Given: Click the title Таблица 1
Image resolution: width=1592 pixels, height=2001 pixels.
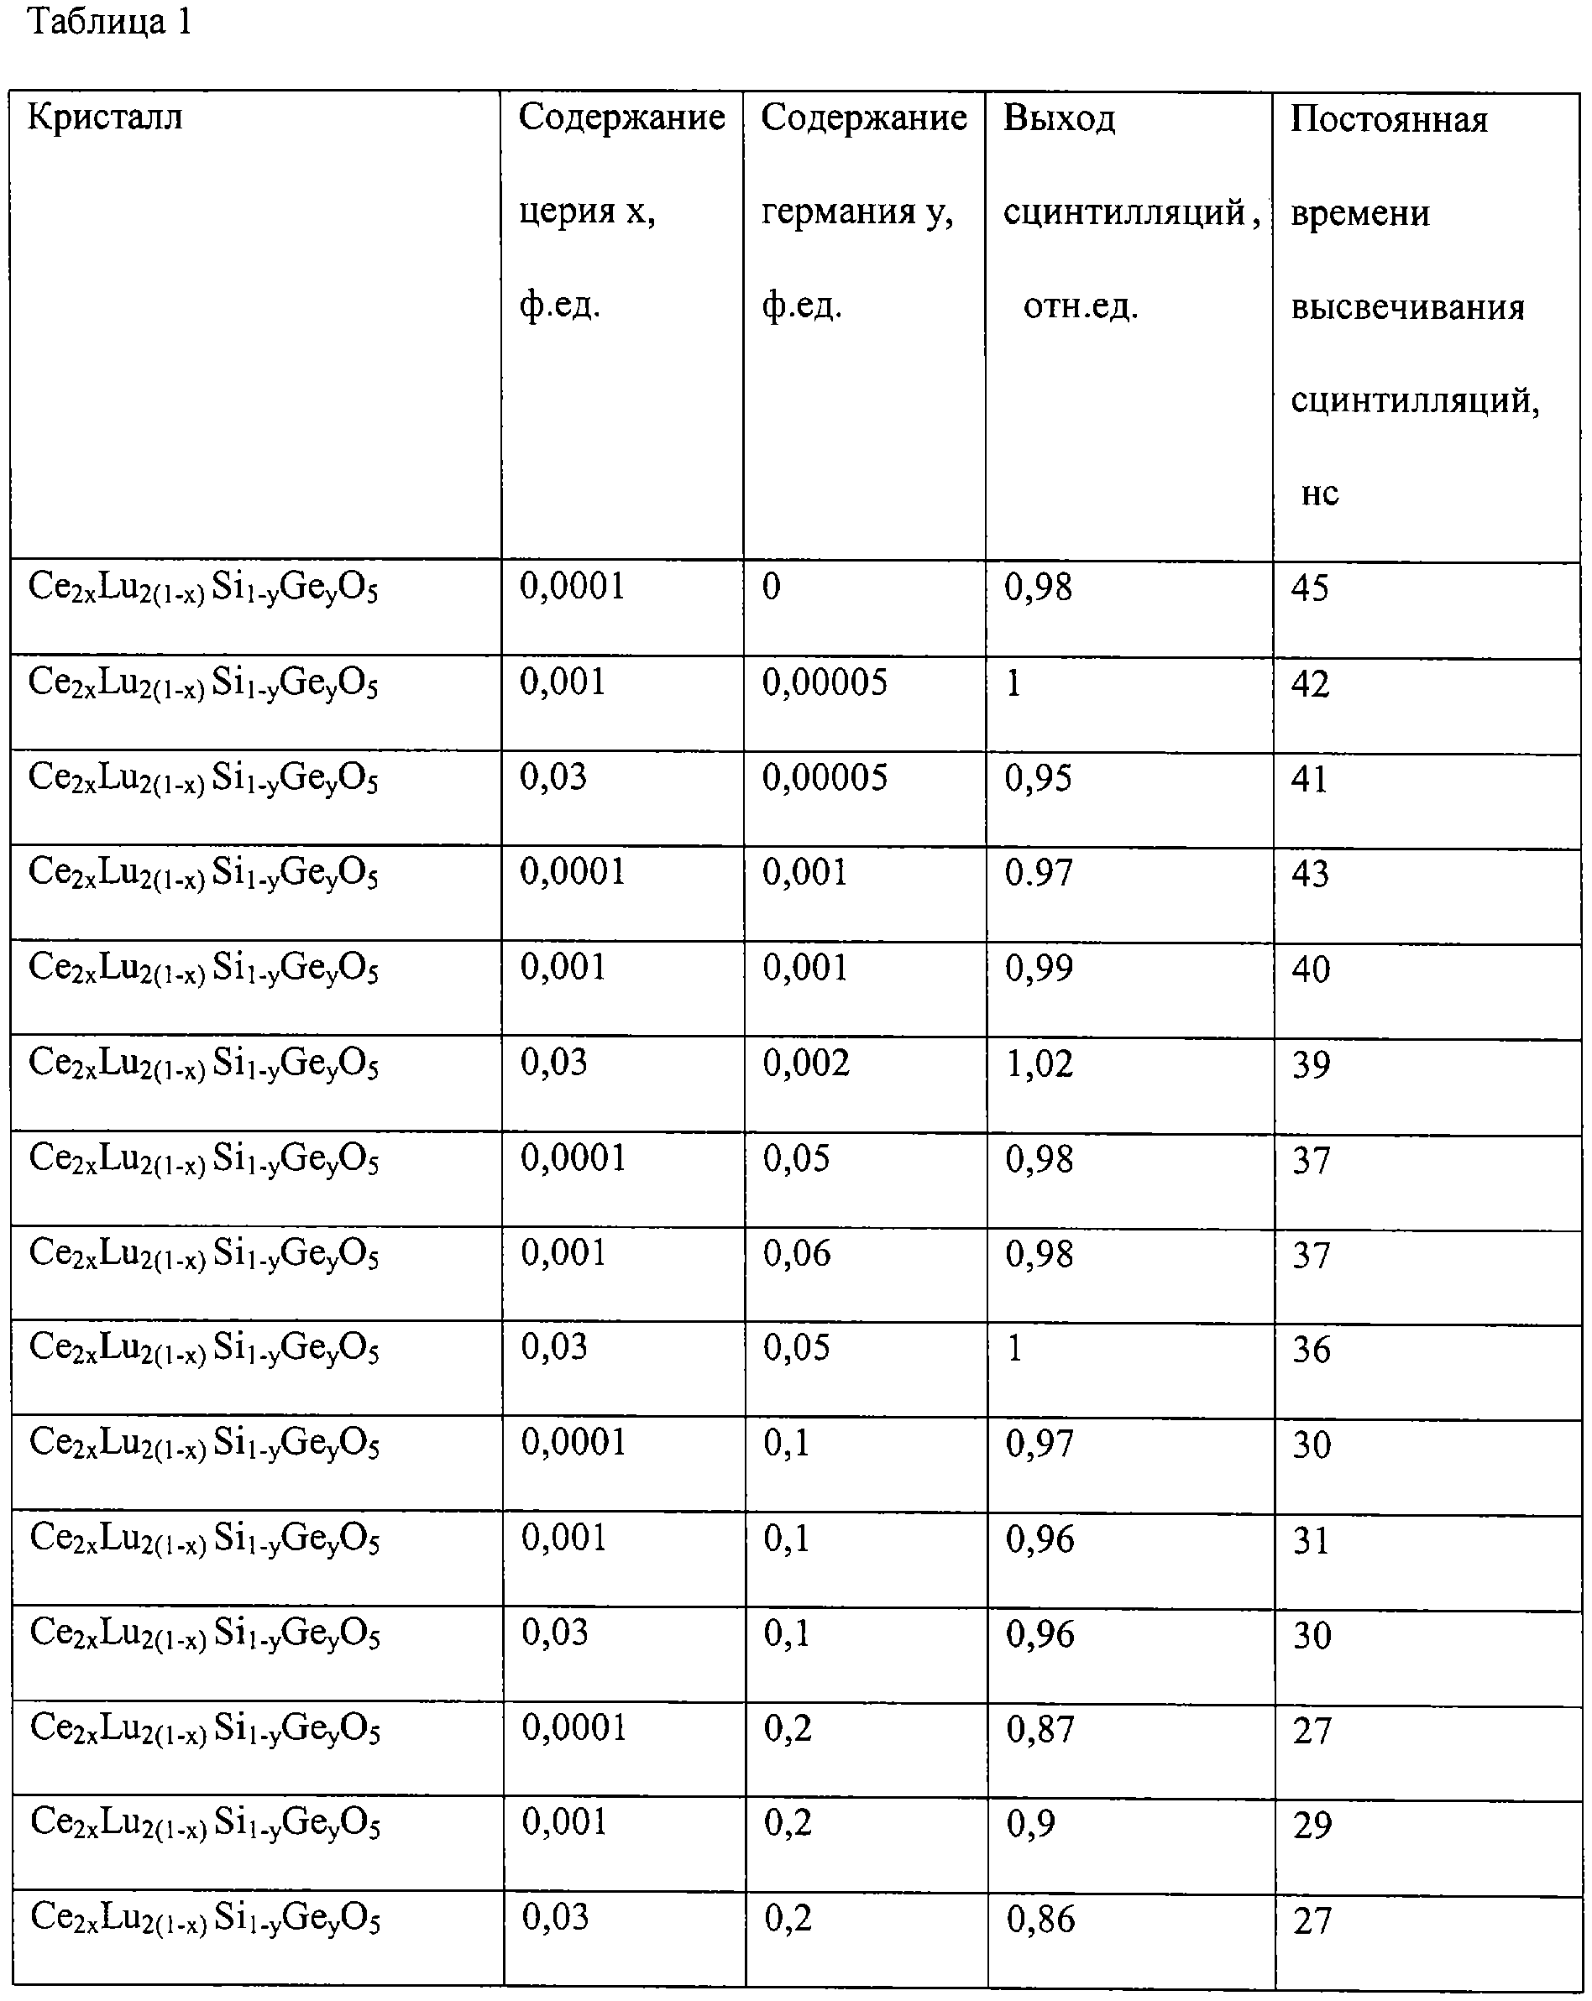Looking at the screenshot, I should pos(109,23).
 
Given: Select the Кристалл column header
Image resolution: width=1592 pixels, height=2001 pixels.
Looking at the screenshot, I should pos(105,118).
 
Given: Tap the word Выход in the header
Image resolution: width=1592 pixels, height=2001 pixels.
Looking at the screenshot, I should pos(1059,119).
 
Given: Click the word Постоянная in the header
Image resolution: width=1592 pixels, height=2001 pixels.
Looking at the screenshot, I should pos(1389,120).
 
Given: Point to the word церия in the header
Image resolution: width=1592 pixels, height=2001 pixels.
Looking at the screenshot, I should pos(567,212).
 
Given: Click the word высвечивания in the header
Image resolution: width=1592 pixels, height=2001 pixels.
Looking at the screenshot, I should pos(1407,307).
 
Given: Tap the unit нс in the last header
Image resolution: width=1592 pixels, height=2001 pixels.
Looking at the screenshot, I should pos(1319,493).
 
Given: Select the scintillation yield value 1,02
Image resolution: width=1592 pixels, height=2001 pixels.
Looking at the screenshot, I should pos(1040,1063).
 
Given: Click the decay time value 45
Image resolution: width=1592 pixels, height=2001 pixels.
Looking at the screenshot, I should pos(1310,588).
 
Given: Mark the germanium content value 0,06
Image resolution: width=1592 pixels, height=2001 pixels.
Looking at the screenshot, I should pos(797,1254).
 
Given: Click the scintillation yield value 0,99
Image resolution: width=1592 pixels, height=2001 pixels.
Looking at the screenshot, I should pos(1039,968).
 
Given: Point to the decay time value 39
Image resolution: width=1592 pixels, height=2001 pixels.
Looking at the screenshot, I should pos(1311,1064).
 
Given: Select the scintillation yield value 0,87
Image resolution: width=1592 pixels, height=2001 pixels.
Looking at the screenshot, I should pos(1040,1729).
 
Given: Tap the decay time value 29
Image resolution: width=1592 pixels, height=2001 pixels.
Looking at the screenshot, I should pos(1312,1826).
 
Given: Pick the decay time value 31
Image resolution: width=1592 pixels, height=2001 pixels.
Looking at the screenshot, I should pos(1311,1541).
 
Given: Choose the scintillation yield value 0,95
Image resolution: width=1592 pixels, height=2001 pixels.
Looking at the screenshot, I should pos(1038,778).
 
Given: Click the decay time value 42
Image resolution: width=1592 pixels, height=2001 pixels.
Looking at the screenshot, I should pos(1310,684).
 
